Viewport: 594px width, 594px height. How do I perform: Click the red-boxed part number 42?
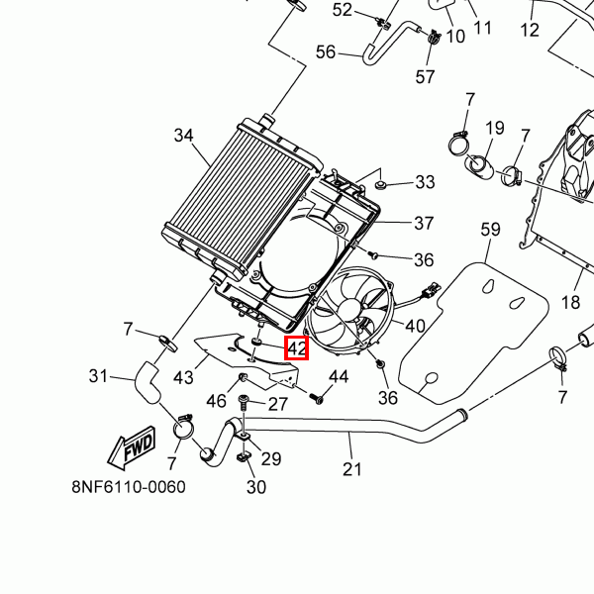tap(297, 348)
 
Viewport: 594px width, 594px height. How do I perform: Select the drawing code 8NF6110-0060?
tap(129, 488)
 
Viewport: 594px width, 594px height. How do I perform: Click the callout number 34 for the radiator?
tap(183, 136)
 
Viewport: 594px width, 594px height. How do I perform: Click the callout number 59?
tap(491, 231)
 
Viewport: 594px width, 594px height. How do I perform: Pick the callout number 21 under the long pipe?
tap(352, 468)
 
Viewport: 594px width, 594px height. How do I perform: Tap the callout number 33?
tap(425, 182)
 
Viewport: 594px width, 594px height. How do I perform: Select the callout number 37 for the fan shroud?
tap(424, 223)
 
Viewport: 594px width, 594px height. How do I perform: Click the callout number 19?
tap(494, 128)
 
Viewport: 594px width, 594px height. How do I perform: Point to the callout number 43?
tap(183, 378)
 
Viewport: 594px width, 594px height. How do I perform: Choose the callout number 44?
tap(339, 377)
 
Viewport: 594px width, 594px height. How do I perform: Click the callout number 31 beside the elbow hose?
tap(98, 376)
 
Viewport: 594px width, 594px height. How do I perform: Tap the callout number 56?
tap(326, 52)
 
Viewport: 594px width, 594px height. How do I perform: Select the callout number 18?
tap(570, 302)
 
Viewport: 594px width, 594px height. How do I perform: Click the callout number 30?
tap(255, 487)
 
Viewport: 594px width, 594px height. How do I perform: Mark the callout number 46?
tap(215, 401)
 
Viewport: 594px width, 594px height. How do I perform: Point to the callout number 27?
tap(277, 404)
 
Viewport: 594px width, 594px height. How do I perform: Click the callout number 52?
tap(342, 10)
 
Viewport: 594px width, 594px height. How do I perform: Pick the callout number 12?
tap(530, 30)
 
